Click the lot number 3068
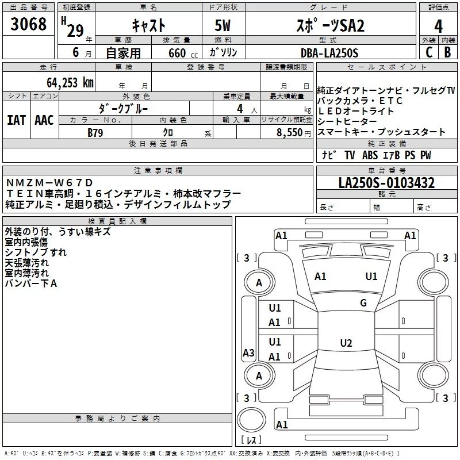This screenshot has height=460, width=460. click(x=29, y=24)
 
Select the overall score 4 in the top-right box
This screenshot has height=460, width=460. click(x=438, y=26)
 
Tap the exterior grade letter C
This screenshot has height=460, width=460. click(x=428, y=52)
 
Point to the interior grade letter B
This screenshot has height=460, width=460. click(x=447, y=52)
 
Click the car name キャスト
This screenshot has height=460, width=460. click(x=148, y=26)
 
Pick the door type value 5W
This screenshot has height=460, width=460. click(x=223, y=26)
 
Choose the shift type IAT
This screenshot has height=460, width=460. click(x=17, y=120)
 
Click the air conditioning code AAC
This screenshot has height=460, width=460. click(x=44, y=120)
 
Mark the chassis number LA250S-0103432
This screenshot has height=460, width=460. click(x=386, y=183)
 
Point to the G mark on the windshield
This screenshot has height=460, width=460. click(x=363, y=302)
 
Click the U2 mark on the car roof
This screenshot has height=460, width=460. click(x=346, y=343)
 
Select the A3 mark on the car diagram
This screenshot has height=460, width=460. click(x=248, y=353)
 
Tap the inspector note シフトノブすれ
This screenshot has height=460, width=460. click(x=36, y=252)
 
